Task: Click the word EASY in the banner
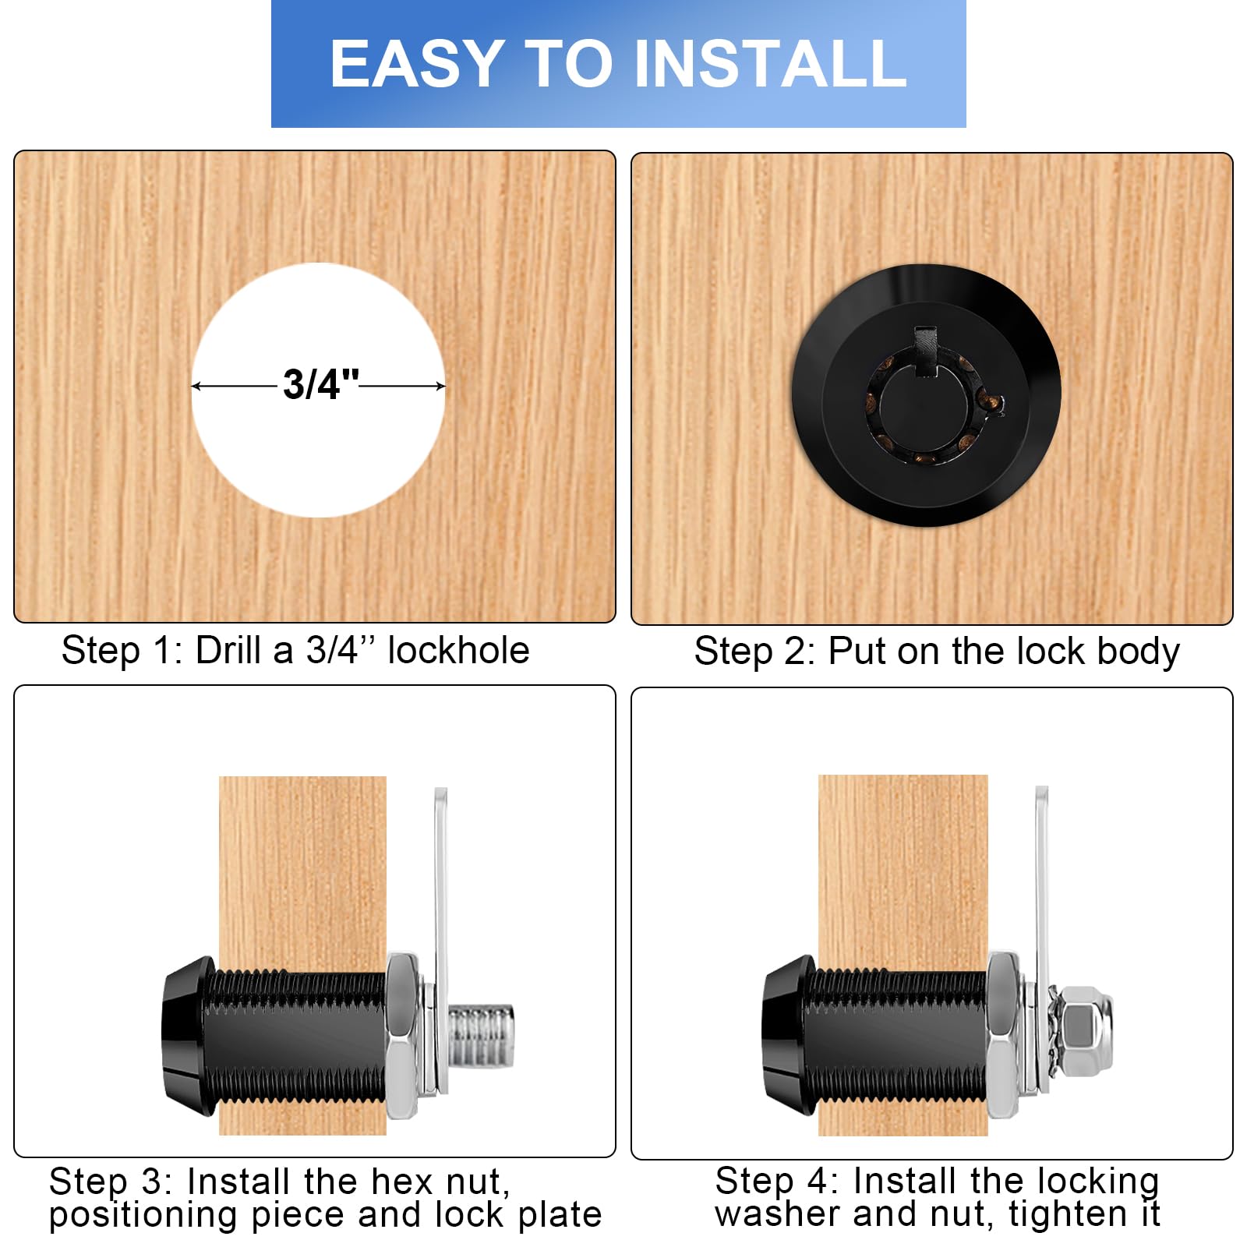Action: coord(416,64)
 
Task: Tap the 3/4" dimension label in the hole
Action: coord(320,384)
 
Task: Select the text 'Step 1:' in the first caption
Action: coord(122,651)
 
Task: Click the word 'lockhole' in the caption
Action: coord(458,651)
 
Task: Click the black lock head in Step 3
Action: coord(187,1036)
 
